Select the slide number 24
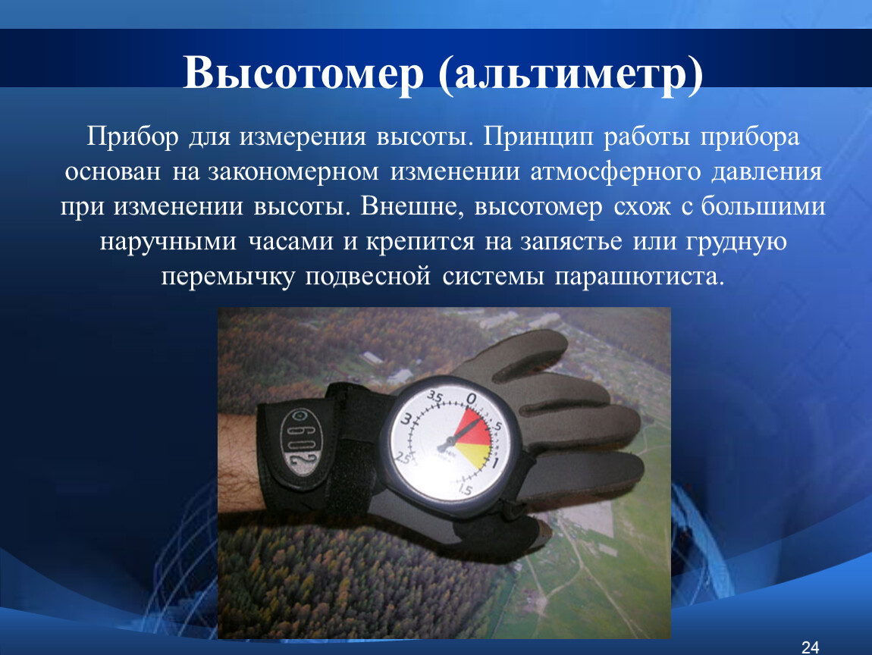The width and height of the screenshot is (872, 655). [x=811, y=647]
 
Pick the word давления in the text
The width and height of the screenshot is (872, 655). [x=767, y=171]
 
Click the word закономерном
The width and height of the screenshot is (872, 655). [x=293, y=172]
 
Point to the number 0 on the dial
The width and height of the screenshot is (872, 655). [x=472, y=399]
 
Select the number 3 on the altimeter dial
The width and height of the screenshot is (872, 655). [x=406, y=419]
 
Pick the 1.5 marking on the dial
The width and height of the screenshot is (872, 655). [x=465, y=489]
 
